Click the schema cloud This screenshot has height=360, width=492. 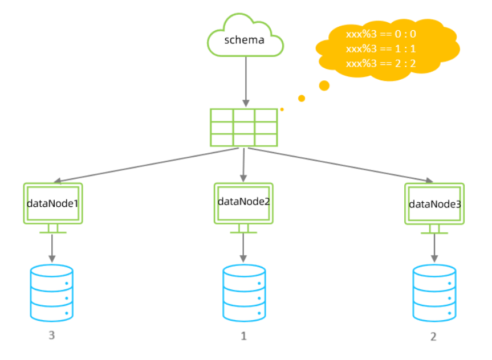point(246,38)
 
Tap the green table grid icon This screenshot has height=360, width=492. point(244,127)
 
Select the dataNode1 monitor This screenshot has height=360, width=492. point(53,203)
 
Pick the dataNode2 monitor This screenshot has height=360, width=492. point(243,202)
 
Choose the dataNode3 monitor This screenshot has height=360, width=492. point(434,204)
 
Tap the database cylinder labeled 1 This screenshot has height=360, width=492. point(243,292)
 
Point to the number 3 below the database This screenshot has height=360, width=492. point(52,336)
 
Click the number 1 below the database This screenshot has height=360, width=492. point(243,336)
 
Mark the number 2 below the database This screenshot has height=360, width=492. point(433,337)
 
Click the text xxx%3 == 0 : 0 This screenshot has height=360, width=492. point(381,34)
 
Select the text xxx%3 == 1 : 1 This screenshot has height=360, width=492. point(381,49)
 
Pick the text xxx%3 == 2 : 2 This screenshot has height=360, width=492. point(381,64)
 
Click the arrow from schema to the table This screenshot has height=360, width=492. point(246,80)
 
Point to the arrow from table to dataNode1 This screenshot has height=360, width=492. point(143,165)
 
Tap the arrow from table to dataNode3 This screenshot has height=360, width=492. point(342,165)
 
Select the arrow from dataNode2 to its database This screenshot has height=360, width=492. point(243,246)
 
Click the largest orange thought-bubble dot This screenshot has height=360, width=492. point(324,85)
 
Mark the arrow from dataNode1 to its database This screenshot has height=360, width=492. point(53,246)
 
